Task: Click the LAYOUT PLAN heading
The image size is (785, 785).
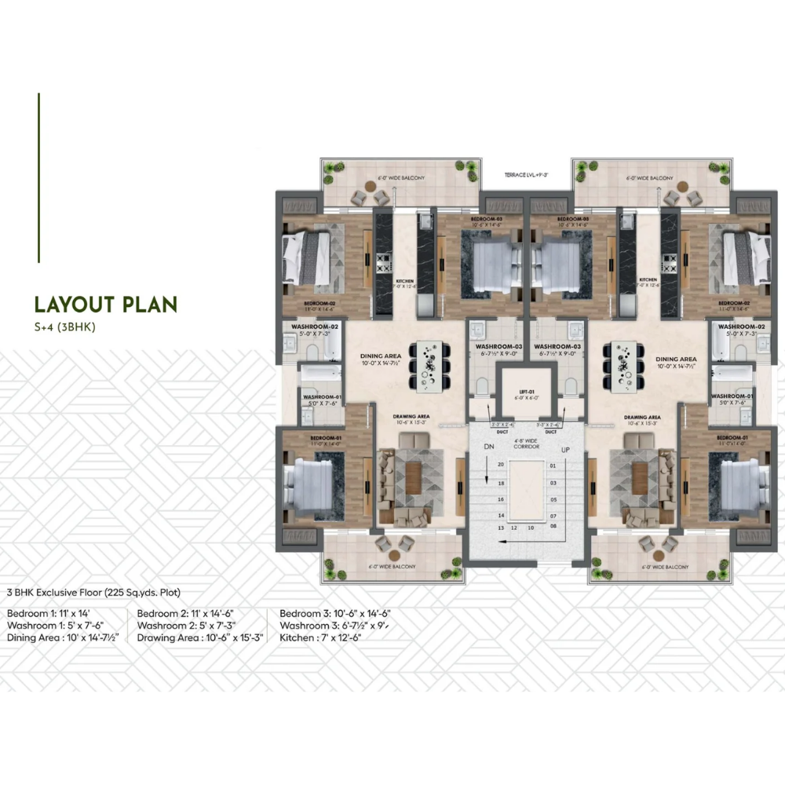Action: [x=105, y=305]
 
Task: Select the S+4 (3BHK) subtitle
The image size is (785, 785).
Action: [x=64, y=327]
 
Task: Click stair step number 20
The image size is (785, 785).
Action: [x=500, y=465]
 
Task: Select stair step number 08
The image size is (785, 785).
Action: [x=553, y=528]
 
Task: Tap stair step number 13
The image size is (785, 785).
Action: [x=500, y=528]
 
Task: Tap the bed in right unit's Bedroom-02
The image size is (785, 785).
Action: [x=747, y=257]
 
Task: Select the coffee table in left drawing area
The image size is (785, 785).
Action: [x=413, y=477]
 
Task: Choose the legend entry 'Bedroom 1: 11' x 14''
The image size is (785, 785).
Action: [x=49, y=614]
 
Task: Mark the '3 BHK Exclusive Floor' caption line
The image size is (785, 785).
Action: [x=93, y=593]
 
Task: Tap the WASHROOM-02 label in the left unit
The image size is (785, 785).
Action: [x=314, y=326]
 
